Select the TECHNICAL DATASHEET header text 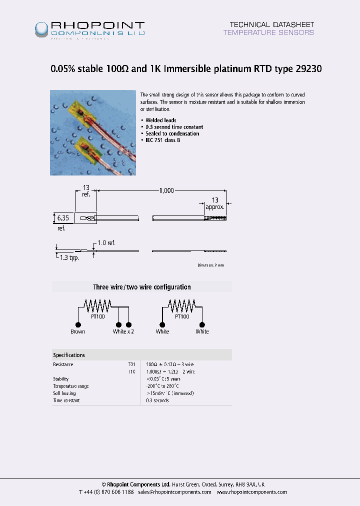click(x=271, y=24)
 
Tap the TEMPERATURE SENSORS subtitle click(x=268, y=32)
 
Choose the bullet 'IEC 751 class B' click(x=162, y=140)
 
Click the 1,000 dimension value click(x=167, y=190)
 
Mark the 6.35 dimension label click(x=62, y=218)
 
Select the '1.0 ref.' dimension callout click(x=106, y=242)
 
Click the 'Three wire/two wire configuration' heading click(x=142, y=287)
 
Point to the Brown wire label click(x=77, y=331)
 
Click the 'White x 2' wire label click(x=123, y=331)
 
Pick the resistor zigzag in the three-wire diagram click(x=97, y=304)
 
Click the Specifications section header click(x=69, y=355)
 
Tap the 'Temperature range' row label click(x=71, y=386)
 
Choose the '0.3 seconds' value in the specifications click(x=157, y=400)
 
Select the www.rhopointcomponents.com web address click(x=251, y=492)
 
